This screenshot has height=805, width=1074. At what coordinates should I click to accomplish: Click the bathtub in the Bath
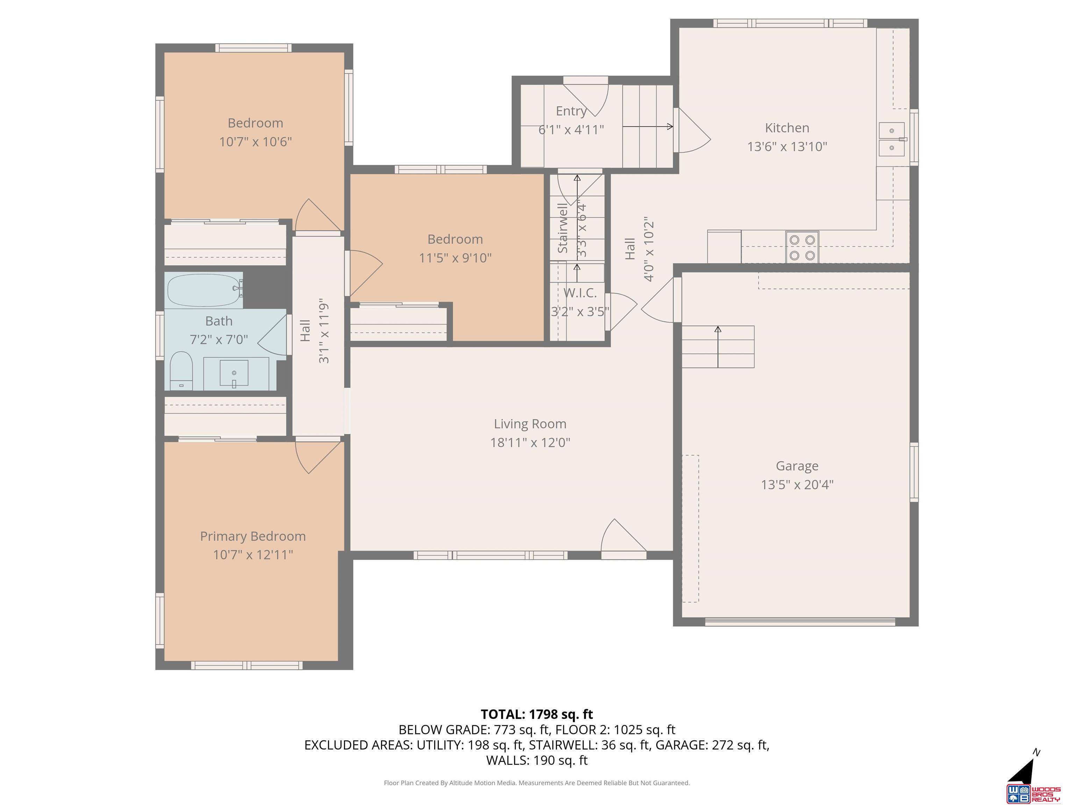[204, 290]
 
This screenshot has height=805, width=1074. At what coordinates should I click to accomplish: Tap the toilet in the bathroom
[181, 371]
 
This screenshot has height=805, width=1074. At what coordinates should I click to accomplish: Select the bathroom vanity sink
[234, 374]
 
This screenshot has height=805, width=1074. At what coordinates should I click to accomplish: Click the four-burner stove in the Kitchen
[802, 247]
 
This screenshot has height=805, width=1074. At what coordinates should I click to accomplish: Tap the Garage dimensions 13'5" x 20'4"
[797, 484]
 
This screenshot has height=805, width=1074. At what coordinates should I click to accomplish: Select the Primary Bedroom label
[253, 536]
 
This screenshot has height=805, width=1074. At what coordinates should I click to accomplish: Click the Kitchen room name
[787, 128]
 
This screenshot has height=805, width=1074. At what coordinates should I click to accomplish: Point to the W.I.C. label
[580, 292]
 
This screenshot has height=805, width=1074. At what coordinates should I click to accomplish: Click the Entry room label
[572, 111]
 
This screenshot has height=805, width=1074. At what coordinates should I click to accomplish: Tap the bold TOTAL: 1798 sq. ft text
[537, 714]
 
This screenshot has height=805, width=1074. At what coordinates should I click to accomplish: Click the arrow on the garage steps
[718, 347]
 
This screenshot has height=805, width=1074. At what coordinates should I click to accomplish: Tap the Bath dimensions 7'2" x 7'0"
[219, 339]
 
